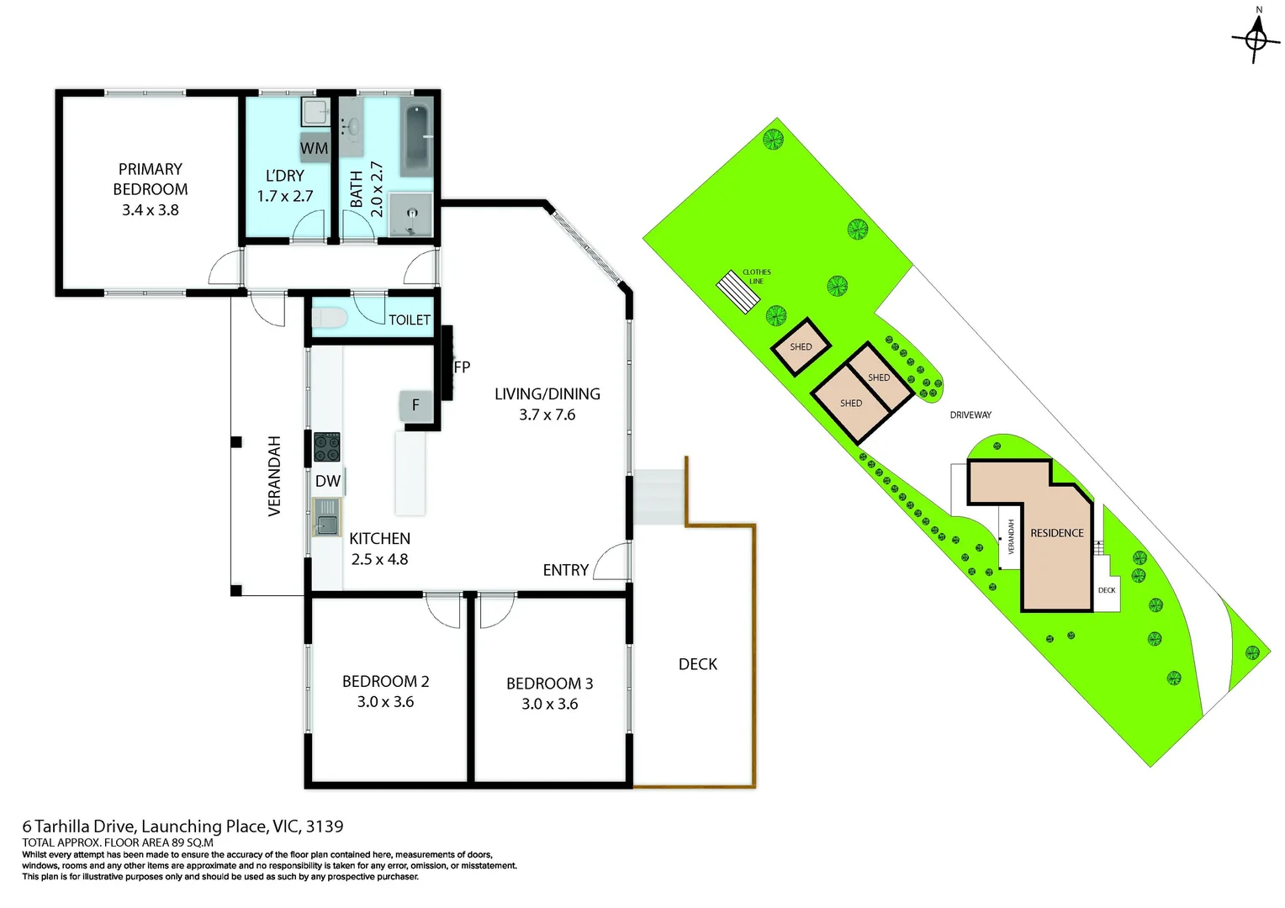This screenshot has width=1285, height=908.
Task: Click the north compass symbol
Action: pos(1256,38)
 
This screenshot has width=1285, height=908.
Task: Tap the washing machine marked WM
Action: pos(315,147)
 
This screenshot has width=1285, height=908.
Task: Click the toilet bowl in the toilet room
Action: pos(329,319)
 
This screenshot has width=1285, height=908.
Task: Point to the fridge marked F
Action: pos(415,405)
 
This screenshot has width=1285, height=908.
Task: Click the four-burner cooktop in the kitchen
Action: pos(326,446)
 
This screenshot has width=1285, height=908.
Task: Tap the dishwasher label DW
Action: pos(328,481)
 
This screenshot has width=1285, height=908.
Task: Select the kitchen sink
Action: pos(326,517)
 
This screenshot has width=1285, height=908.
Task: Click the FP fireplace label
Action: pos(462,367)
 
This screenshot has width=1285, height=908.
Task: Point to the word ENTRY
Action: pos(565,570)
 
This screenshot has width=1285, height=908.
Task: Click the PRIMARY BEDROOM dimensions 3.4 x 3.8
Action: pos(151,210)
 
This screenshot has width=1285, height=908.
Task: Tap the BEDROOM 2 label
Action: pos(385,681)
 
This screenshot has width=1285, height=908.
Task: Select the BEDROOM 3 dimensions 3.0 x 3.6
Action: pos(549,705)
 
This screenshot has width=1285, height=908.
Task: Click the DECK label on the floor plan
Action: pos(697,664)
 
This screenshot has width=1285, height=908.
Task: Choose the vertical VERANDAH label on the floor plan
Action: pos(274,476)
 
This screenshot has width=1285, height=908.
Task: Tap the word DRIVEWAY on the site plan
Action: pos(970,414)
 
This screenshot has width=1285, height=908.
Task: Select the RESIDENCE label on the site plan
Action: pos(1056,533)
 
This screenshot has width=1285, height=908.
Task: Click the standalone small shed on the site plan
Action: pos(801,346)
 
